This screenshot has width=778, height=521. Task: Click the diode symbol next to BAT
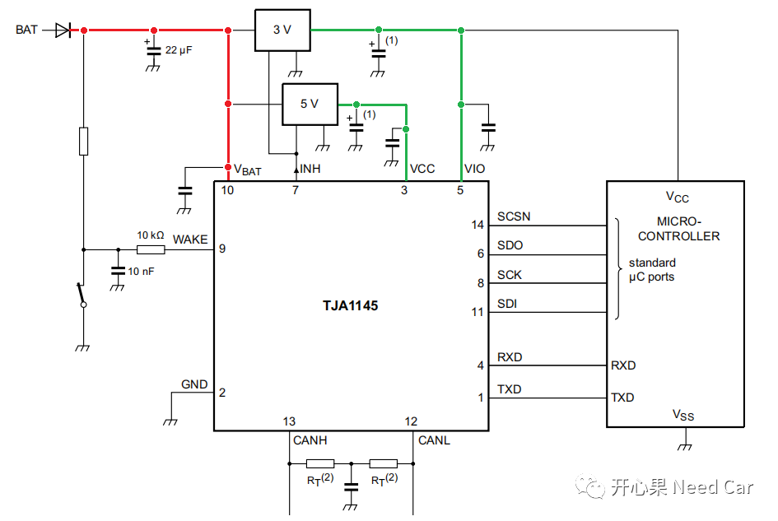tap(63, 30)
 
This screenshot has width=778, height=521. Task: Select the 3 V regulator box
tap(282, 30)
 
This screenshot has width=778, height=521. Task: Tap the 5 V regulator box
tap(310, 104)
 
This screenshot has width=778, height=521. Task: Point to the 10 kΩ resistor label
tap(151, 235)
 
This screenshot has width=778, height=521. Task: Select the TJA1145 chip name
tap(351, 305)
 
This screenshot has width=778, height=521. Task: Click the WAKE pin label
tap(189, 240)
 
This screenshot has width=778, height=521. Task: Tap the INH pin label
tap(309, 169)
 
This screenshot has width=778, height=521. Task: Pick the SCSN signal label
tap(514, 217)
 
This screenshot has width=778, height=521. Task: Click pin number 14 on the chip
tap(478, 225)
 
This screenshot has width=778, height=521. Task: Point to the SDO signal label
tap(510, 246)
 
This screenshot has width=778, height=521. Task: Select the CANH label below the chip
tap(310, 440)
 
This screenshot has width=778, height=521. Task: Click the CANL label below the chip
tap(434, 440)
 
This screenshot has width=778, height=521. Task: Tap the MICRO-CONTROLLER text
tap(678, 229)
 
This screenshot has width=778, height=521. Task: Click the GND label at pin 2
tap(194, 385)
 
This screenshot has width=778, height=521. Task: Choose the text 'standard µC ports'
tap(651, 270)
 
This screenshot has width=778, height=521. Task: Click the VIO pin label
tap(474, 169)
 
